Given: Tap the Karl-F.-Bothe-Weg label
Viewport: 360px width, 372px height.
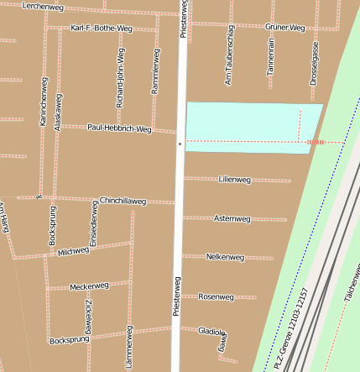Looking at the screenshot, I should pos(102,28).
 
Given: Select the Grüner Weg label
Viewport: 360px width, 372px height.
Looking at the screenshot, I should pos(284,28).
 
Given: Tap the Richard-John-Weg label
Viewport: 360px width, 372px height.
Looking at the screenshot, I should pos(121,77).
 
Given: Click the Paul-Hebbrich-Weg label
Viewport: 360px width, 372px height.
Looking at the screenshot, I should pos(119,128).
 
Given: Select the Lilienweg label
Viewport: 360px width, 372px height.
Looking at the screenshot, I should pos(234,180).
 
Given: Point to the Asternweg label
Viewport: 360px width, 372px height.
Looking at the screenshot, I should pos(232,218).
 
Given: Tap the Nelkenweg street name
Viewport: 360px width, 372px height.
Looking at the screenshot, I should pos(224,257).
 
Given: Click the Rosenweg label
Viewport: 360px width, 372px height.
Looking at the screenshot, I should pos(217,296).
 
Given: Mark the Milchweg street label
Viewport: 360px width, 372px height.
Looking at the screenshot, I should pos(74,250).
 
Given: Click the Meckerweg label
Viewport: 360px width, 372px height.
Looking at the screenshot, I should pos(90,286).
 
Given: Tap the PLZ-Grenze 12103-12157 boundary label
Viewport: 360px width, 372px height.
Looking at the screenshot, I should pos(292,327).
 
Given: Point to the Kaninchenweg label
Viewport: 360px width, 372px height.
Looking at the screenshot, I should pos(44,103).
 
